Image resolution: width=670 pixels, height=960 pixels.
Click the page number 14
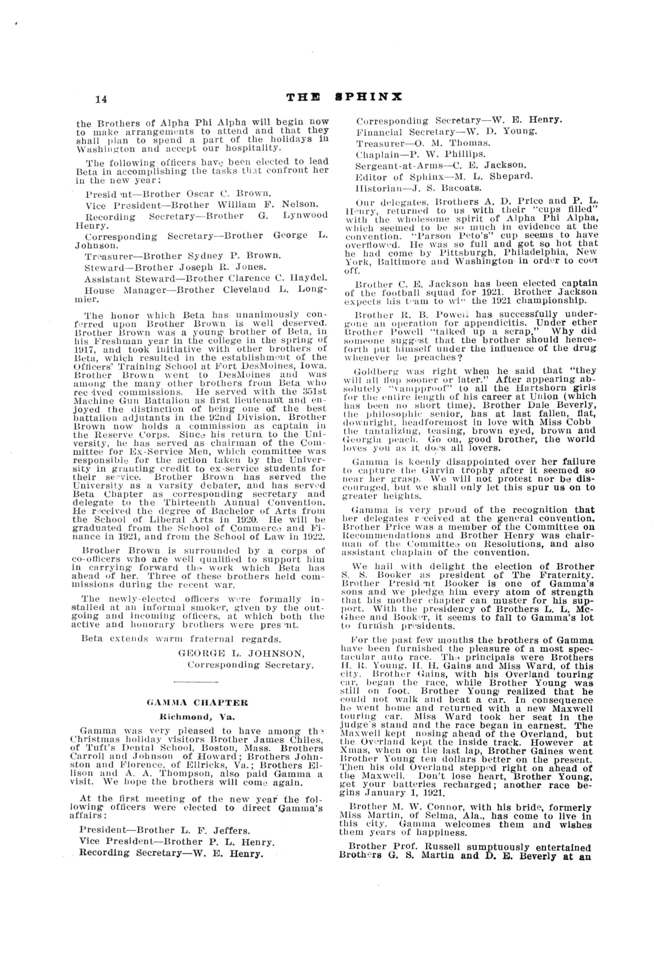101,99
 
